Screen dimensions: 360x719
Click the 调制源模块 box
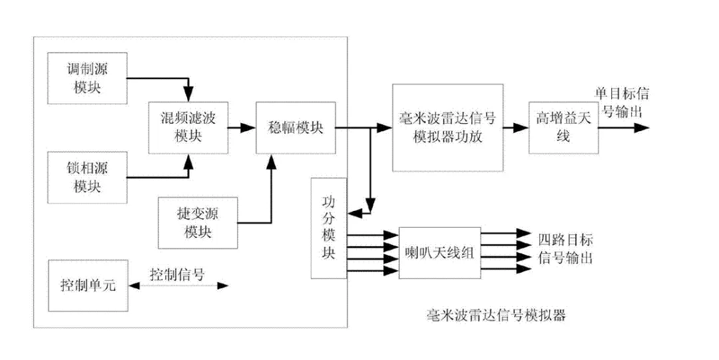[87, 79]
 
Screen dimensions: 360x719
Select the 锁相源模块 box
[87, 176]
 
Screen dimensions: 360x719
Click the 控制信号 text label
[176, 274]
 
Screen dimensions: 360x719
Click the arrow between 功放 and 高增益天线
[515, 127]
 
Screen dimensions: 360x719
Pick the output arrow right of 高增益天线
[622, 127]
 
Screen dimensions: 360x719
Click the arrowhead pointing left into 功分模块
[356, 213]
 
